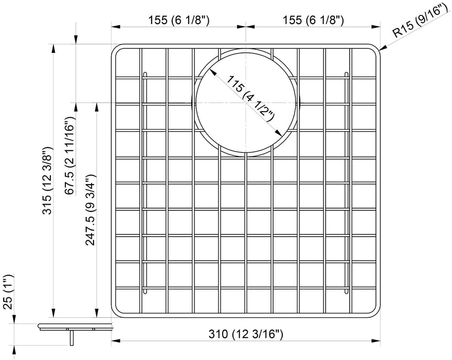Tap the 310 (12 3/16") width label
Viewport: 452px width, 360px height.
(x=247, y=334)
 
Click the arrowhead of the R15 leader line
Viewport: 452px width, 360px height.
(x=381, y=49)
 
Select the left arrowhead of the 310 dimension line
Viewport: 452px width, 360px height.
(x=116, y=340)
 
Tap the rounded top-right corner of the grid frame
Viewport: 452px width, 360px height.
(x=377, y=49)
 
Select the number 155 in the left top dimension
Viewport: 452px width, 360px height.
(x=154, y=20)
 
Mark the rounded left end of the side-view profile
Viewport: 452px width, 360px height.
(x=40, y=325)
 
